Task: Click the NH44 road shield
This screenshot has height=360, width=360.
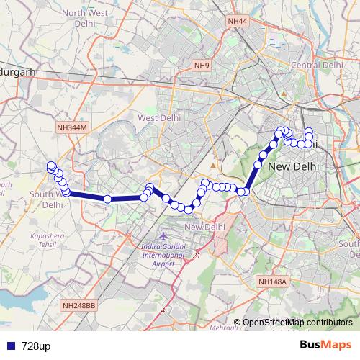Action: tap(237, 22)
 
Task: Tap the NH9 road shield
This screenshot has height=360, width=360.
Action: tap(202, 66)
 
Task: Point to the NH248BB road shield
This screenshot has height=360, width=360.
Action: tap(79, 305)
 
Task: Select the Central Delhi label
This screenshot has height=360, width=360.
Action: tap(317, 65)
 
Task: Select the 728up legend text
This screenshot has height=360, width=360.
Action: tap(36, 346)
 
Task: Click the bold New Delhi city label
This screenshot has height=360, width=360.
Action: tap(293, 167)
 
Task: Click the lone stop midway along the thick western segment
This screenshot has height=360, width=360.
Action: tap(107, 199)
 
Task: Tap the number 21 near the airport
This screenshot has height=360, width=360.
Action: tap(197, 256)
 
